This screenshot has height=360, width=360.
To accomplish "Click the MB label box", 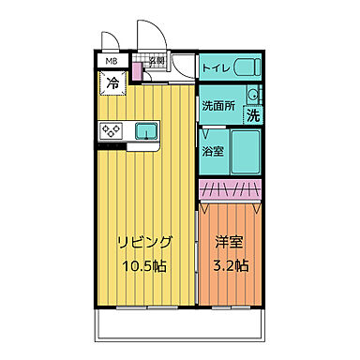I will pos(111,62).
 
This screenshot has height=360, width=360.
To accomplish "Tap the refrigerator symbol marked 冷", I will pos(111,82).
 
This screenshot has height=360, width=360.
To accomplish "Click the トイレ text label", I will pos(216,67).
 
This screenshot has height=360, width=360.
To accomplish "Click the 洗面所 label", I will pos(217,106).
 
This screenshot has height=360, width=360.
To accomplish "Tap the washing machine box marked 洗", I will pos(253,115).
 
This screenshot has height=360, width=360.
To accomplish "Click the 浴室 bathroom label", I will pos(213,150).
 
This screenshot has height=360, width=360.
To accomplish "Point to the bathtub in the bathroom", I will pos(246,150).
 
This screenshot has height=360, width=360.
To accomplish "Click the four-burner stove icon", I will pos(111,129).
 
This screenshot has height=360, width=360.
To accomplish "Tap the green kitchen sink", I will pos(147,129).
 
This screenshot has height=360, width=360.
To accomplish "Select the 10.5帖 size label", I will pos(142,265).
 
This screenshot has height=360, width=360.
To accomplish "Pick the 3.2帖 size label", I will pos(229,265).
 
